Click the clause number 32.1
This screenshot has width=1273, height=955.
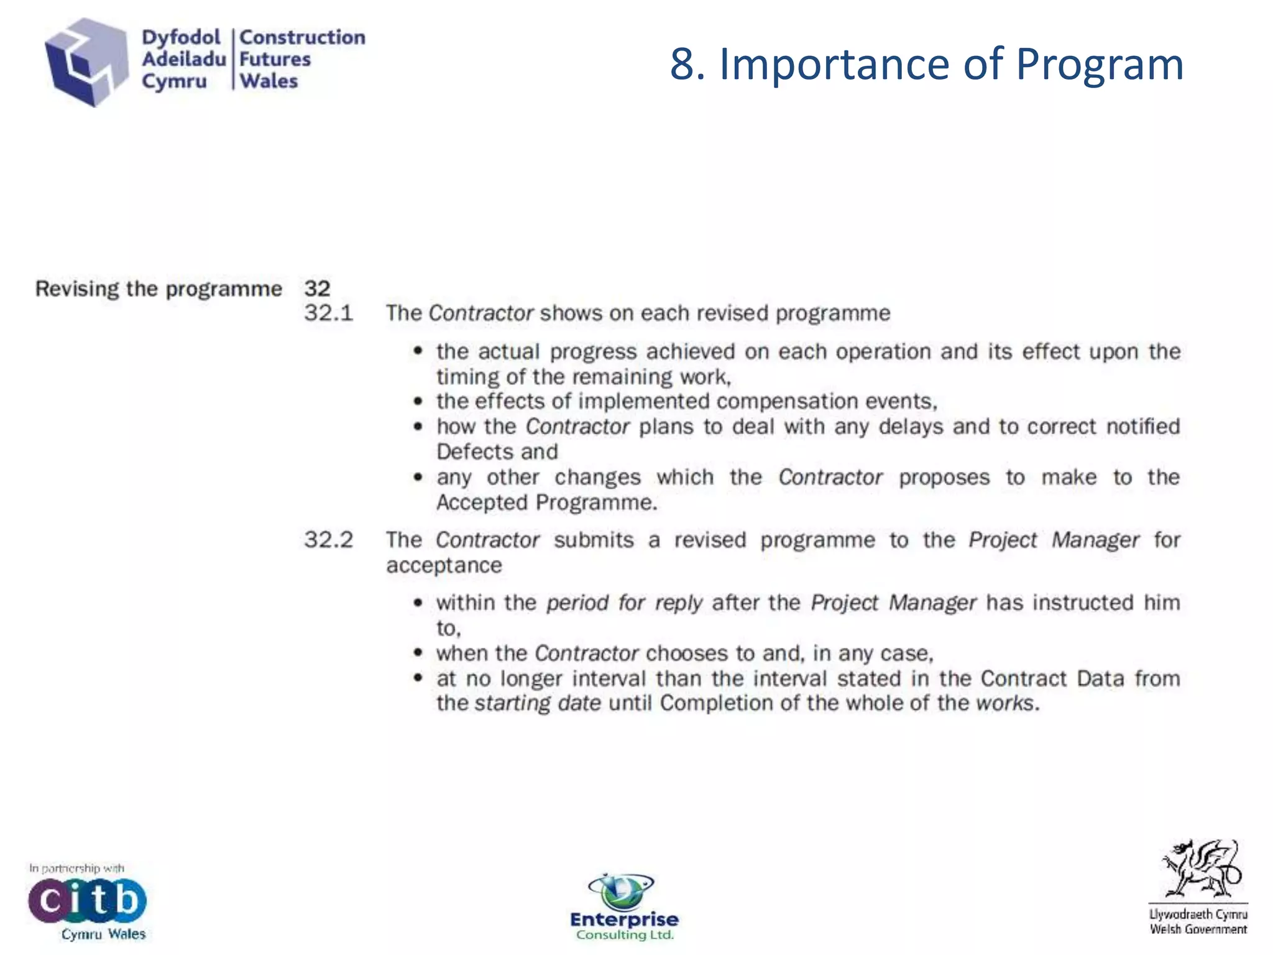click(328, 313)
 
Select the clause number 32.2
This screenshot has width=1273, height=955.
click(328, 540)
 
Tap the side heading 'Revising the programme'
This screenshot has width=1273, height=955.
click(159, 289)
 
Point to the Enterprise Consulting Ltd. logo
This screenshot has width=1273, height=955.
click(624, 908)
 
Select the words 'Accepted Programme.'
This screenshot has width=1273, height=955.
click(546, 502)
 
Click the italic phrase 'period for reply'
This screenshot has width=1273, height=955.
click(624, 603)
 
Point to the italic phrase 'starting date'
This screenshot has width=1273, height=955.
click(538, 703)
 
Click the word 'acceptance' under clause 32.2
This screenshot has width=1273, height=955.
click(444, 565)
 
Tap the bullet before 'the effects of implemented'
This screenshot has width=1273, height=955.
click(418, 402)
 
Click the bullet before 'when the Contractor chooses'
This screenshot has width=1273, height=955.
click(418, 653)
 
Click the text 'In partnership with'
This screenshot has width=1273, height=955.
click(76, 868)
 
